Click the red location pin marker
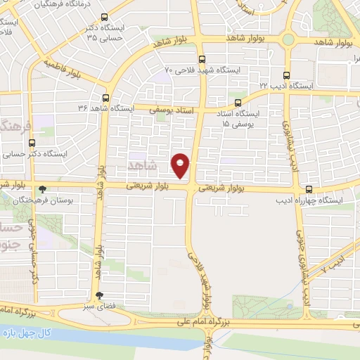point(181,165)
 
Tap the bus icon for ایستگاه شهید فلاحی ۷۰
point(202,59)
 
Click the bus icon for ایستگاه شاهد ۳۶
point(106,98)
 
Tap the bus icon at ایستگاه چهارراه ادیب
point(309,189)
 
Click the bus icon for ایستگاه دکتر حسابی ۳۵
point(105,18)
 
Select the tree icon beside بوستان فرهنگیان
point(42,189)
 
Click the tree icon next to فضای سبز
point(98,296)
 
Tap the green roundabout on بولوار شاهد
point(288,39)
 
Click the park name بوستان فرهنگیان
point(74,200)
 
